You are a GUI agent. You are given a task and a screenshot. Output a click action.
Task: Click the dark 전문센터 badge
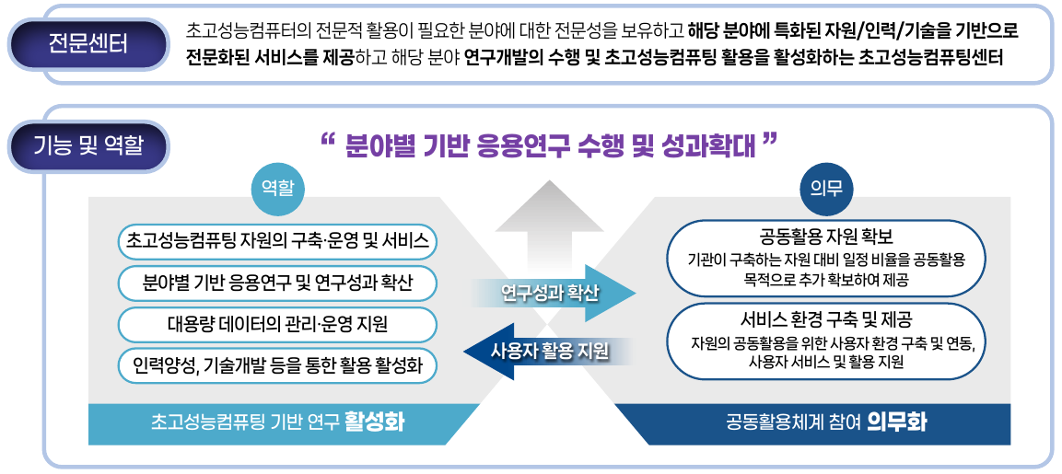pyautogui.click(x=88, y=45)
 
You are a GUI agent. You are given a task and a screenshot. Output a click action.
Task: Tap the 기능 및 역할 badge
pyautogui.click(x=88, y=145)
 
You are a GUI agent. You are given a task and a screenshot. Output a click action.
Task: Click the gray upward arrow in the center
pyautogui.click(x=549, y=230)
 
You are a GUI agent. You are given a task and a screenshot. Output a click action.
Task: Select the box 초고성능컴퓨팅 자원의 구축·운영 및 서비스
pyautogui.click(x=277, y=241)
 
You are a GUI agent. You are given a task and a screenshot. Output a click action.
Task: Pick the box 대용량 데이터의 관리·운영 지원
pyautogui.click(x=277, y=325)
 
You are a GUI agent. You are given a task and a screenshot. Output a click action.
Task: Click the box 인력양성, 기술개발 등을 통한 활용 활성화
pyautogui.click(x=277, y=367)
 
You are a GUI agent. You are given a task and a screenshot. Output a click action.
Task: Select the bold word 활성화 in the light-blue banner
pyautogui.click(x=374, y=423)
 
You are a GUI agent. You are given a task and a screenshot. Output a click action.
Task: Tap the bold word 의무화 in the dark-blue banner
pyautogui.click(x=897, y=423)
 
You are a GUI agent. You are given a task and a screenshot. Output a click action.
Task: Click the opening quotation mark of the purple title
pyautogui.click(x=328, y=140)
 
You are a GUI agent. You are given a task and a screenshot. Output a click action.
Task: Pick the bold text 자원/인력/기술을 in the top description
pyautogui.click(x=851, y=32)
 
